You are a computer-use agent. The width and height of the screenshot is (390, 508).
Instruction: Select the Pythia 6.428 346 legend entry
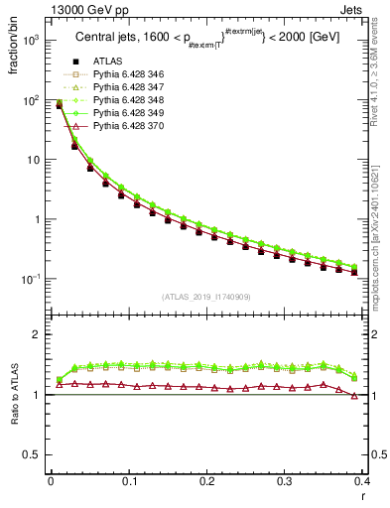coord(128,75)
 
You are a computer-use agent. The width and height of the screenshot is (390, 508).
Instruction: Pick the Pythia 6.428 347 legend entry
coord(128,88)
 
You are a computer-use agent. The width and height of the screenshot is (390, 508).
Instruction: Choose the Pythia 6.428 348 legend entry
coord(128,101)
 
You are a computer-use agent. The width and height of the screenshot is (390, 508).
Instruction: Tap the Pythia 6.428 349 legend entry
coord(128,114)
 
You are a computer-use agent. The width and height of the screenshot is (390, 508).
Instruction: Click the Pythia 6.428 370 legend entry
coord(128,127)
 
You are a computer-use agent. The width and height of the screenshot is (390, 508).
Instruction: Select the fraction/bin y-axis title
coord(13,45)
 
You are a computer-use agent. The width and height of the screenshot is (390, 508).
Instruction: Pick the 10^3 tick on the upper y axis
coord(31,41)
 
